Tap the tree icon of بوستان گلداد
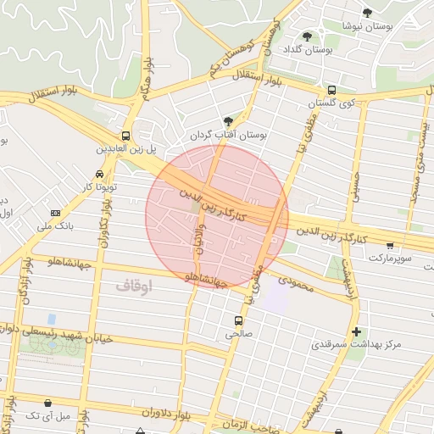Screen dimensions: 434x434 coord(307,36)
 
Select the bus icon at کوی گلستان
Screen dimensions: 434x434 coord(331,90)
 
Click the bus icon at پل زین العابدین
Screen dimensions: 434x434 coord(125,136)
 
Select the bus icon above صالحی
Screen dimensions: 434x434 coord(237,320)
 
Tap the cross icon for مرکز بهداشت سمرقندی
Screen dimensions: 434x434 coord(356,331)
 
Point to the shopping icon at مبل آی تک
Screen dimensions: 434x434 coord(47,403)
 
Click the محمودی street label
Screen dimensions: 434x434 coord(294,284)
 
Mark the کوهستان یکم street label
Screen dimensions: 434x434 coord(231,61)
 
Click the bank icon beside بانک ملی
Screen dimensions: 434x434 coord(56,213)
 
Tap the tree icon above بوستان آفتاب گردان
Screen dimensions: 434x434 coord(227,121)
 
